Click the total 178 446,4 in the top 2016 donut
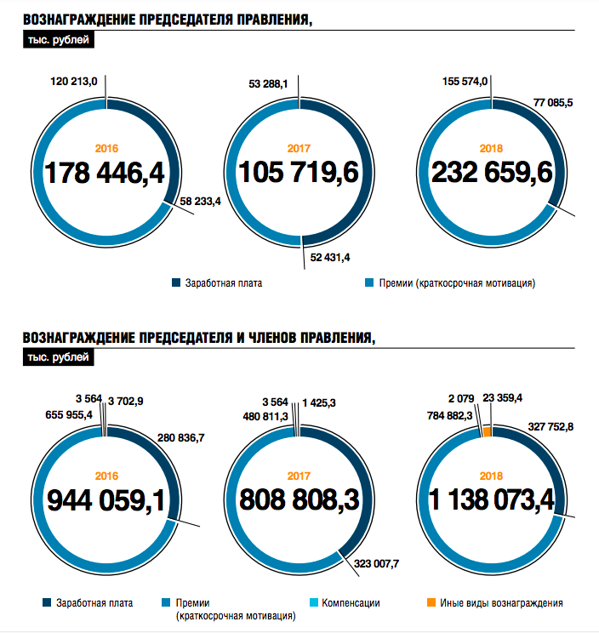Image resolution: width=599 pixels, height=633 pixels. point(104,173)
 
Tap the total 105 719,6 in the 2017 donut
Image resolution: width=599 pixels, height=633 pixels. point(298,173)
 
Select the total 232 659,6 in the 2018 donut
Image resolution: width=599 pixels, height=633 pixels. point(492,173)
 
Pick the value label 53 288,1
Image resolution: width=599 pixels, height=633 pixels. point(269,84)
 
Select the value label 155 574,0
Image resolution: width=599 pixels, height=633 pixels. point(465,82)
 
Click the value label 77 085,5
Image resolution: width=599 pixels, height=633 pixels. point(554,102)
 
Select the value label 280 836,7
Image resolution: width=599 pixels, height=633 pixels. point(181,437)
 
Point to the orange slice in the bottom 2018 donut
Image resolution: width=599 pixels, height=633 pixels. point(487,432)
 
